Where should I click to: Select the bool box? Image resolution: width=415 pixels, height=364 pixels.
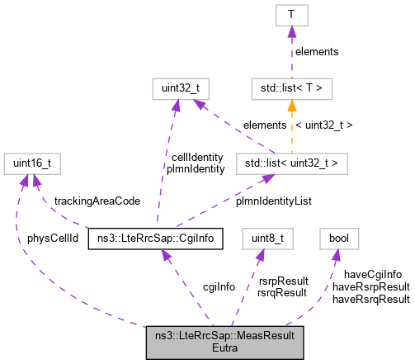click(x=338, y=240)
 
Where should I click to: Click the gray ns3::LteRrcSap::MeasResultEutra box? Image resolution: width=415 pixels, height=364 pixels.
click(x=224, y=342)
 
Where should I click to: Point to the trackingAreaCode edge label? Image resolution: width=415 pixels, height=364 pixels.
click(x=97, y=201)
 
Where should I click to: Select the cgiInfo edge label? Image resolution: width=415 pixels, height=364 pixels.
click(x=196, y=286)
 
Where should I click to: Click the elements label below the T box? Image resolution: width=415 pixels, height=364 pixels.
click(x=315, y=52)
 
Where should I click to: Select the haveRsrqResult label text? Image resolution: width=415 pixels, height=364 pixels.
click(x=370, y=299)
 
